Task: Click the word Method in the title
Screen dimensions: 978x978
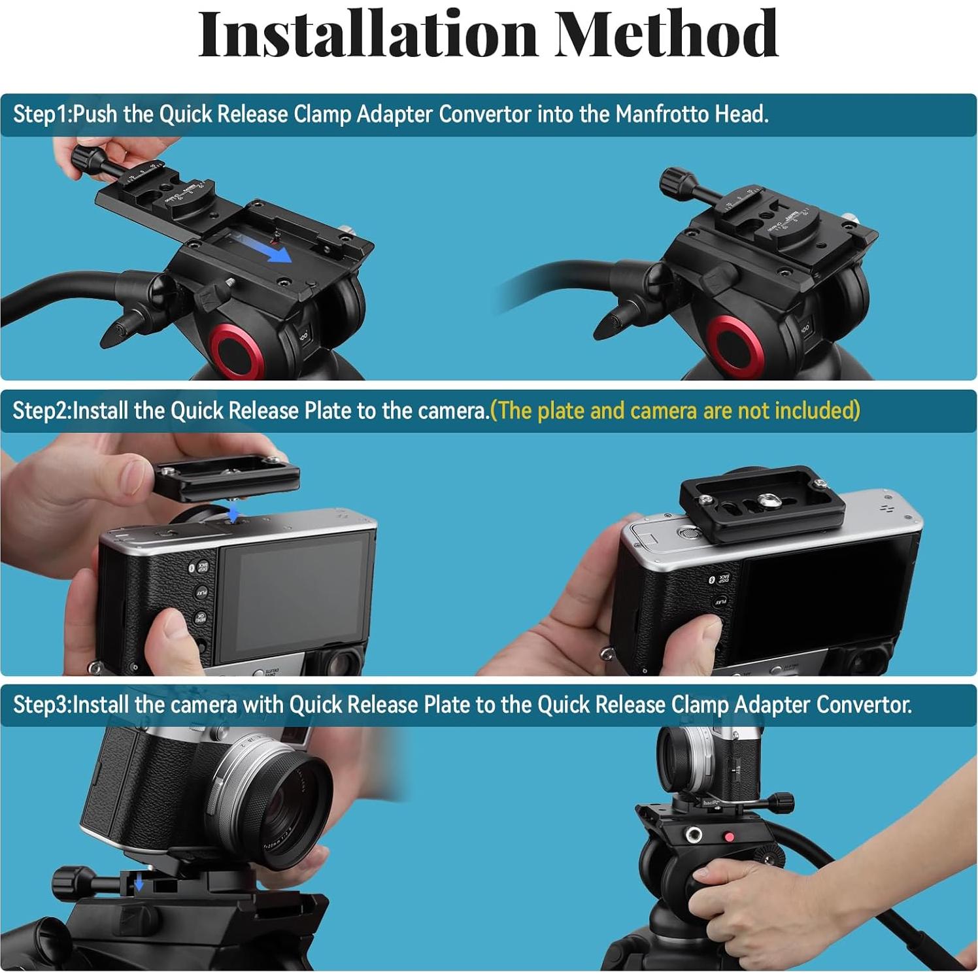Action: click(x=667, y=34)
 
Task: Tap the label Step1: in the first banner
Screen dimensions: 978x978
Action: click(x=42, y=114)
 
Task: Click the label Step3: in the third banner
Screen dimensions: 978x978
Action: click(x=42, y=705)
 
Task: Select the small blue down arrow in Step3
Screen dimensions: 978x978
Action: click(x=139, y=884)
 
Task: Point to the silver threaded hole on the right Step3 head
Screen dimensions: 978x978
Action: click(x=692, y=834)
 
